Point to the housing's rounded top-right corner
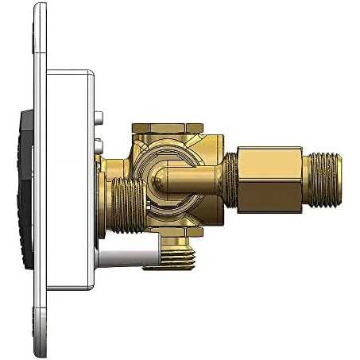click(89, 76)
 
